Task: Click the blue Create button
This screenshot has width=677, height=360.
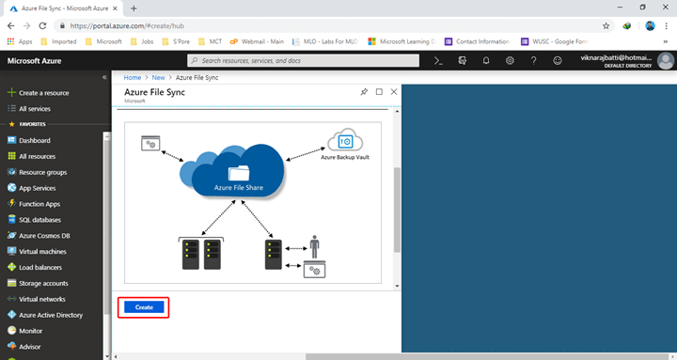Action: tap(144, 307)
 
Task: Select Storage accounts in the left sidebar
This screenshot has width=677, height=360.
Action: tap(43, 283)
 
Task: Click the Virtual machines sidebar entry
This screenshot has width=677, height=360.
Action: tap(42, 252)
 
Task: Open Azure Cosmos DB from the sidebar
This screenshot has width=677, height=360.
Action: tap(46, 236)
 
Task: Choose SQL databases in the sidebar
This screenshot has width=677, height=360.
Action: tap(39, 220)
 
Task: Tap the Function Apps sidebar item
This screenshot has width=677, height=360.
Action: tap(39, 204)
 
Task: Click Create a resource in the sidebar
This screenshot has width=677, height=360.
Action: tap(43, 93)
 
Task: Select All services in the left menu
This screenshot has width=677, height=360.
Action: tap(35, 109)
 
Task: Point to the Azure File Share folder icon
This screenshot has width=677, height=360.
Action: tap(239, 173)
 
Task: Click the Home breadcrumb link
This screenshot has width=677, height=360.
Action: tap(133, 77)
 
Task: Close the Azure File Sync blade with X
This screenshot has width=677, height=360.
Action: tap(394, 92)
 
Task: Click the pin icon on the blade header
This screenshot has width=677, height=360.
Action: tap(364, 92)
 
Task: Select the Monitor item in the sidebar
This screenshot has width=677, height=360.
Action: tap(31, 331)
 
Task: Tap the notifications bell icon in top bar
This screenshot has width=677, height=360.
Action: tap(485, 60)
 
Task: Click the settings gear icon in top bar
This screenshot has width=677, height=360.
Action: tap(510, 60)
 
